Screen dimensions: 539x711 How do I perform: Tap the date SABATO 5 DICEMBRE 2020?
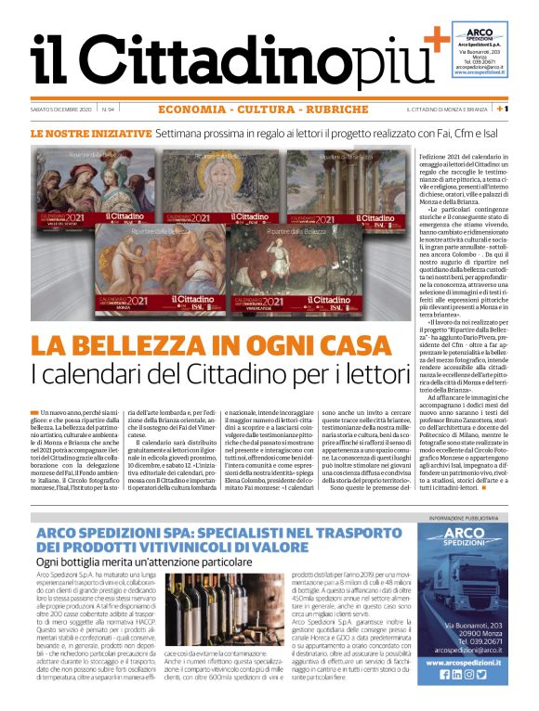61,110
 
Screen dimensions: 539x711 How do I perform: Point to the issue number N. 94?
109,110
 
